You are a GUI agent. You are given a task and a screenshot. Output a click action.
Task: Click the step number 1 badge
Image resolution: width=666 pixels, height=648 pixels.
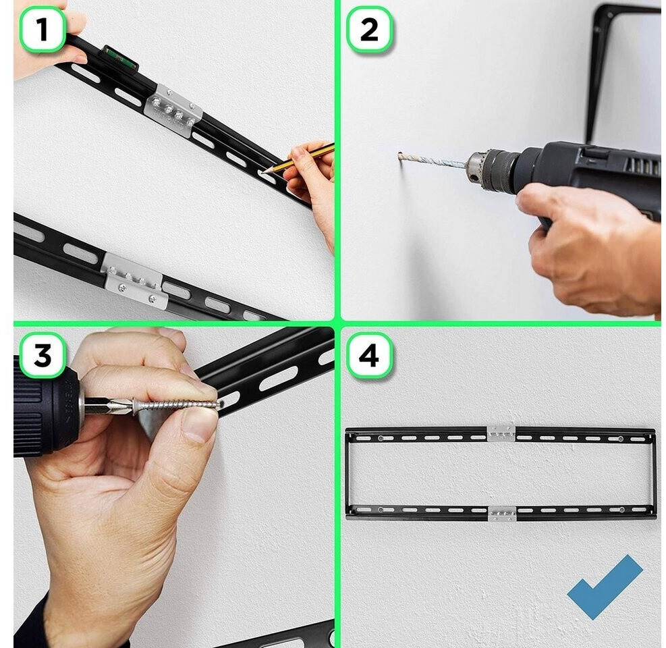pyautogui.click(x=43, y=29)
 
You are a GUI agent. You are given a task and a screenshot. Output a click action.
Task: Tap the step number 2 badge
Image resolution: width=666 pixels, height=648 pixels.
pyautogui.click(x=369, y=29)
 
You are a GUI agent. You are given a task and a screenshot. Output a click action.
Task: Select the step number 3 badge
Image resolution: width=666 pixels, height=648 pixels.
pyautogui.click(x=43, y=355)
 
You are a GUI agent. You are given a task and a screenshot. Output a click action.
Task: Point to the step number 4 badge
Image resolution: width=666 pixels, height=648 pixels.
pyautogui.click(x=369, y=355)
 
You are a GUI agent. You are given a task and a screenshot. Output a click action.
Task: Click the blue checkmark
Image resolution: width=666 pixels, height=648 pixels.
pyautogui.click(x=605, y=587)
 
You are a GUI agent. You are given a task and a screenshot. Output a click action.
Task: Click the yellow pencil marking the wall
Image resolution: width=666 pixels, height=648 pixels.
pyautogui.click(x=298, y=159)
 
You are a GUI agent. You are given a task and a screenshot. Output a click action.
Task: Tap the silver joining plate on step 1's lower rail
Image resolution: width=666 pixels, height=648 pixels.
pyautogui.click(x=134, y=280)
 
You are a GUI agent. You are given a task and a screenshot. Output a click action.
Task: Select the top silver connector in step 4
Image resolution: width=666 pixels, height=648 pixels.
pyautogui.click(x=501, y=433)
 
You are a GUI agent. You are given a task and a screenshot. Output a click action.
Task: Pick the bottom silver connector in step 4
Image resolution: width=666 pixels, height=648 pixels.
pyautogui.click(x=501, y=513)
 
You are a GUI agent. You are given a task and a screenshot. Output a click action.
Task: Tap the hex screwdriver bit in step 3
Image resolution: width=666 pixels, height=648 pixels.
pyautogui.click(x=106, y=405)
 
